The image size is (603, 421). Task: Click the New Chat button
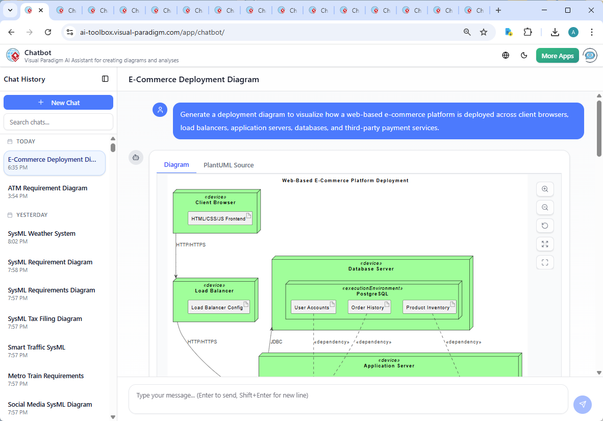[x=58, y=103]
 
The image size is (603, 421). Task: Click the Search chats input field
[x=58, y=122]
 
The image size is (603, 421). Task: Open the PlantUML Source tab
[x=229, y=165]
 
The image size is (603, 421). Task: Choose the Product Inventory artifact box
[x=429, y=307]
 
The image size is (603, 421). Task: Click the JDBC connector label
[x=276, y=341]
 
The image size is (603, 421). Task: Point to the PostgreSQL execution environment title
[x=372, y=294]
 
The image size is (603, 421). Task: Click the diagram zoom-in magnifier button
[x=545, y=189]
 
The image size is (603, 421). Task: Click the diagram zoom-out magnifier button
[x=545, y=208]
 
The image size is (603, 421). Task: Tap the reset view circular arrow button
[x=545, y=226]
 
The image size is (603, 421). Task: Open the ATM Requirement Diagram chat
[x=48, y=188]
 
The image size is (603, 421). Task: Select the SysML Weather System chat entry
[x=42, y=234]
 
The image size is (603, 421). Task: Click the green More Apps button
[x=557, y=56]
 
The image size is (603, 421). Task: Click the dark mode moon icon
[x=524, y=56]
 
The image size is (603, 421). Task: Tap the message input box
[x=348, y=399]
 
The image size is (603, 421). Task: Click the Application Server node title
[x=389, y=366]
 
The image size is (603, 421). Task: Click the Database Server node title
[x=371, y=269]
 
